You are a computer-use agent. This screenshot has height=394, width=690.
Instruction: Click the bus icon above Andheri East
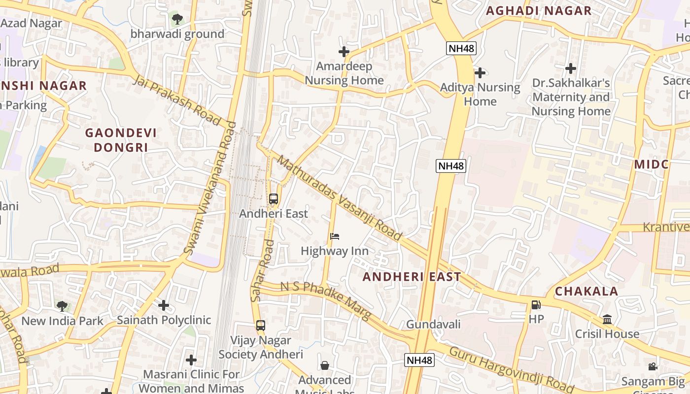[x=274, y=199]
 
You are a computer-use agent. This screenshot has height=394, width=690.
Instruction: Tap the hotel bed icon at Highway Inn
[x=335, y=236]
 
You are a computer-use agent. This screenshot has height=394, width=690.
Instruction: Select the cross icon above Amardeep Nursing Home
[x=344, y=51]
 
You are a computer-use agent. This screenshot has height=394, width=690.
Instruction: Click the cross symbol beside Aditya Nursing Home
[x=480, y=73]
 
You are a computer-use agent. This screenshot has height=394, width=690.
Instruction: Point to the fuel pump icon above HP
[x=536, y=305]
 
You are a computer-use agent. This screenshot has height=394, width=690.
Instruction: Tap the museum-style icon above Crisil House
[x=607, y=319]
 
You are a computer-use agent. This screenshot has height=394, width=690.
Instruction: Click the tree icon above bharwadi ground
[x=177, y=19]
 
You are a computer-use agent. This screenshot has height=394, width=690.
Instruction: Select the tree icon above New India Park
[x=62, y=306]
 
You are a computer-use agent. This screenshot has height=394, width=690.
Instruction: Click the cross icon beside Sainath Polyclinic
[x=164, y=305]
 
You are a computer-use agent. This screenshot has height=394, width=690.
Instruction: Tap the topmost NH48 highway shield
[x=461, y=48]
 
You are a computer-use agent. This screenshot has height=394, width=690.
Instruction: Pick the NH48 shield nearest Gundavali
[x=419, y=360]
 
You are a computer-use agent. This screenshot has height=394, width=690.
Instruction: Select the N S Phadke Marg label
[x=325, y=300]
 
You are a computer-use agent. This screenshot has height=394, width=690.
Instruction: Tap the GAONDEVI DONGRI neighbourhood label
[x=121, y=140]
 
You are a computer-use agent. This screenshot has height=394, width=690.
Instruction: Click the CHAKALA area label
[x=586, y=291]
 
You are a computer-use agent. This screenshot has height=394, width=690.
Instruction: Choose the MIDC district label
[x=651, y=164]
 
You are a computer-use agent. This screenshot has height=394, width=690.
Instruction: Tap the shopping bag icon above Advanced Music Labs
[x=325, y=365]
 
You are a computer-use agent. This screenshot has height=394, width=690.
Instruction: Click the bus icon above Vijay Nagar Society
[x=261, y=326]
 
